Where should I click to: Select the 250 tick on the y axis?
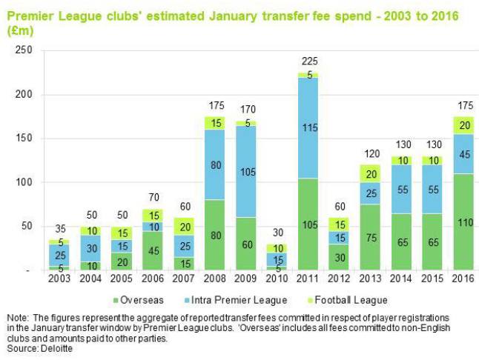coord(23,50)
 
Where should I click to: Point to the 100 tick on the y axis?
coord(23,182)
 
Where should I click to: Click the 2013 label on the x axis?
coord(371,279)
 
